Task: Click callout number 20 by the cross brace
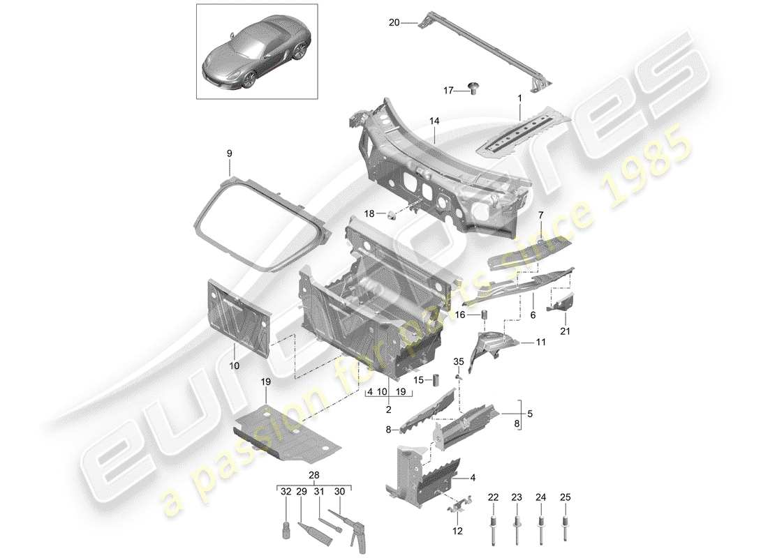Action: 394,23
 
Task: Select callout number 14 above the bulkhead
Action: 434,121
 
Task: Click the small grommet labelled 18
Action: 392,213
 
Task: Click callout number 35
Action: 458,361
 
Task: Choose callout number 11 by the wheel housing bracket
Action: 540,342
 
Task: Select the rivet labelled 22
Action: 494,529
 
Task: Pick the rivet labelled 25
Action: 565,529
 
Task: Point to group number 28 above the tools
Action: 313,475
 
